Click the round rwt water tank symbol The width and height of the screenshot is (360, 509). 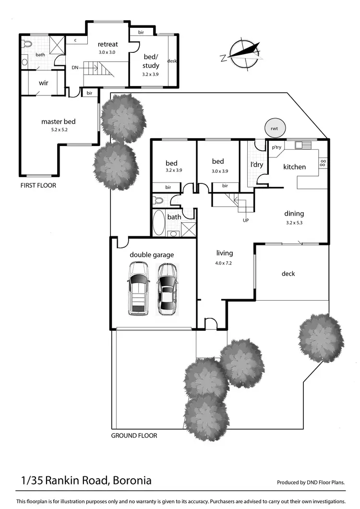(x=275, y=128)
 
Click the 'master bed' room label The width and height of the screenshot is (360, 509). (x=58, y=121)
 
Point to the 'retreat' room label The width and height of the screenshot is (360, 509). (x=108, y=44)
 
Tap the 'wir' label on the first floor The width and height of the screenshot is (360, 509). (x=43, y=83)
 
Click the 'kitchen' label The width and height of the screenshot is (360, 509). (x=294, y=167)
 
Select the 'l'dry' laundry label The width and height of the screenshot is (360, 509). (x=255, y=164)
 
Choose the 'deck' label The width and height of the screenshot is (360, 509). (x=288, y=274)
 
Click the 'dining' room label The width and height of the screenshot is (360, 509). (x=294, y=214)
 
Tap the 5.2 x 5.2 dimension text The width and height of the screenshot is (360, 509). (x=58, y=130)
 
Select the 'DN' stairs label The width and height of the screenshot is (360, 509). (x=75, y=68)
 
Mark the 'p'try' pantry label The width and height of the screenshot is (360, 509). (x=276, y=147)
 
